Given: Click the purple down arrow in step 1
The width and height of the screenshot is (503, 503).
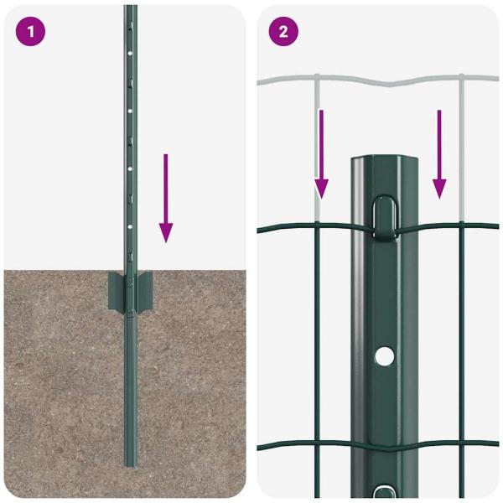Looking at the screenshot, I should (166, 198).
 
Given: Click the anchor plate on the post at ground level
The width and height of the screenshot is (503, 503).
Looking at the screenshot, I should (129, 290).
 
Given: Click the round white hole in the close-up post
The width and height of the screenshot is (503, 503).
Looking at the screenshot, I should (384, 355).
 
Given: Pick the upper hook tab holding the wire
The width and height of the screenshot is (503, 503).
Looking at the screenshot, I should (384, 214).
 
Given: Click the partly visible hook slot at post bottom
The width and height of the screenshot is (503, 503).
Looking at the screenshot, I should (384, 492).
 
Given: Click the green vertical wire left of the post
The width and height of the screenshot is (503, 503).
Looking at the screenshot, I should (317, 335).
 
